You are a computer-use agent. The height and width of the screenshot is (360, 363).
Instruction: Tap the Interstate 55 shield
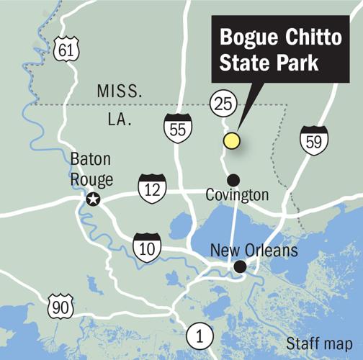coord(176,127)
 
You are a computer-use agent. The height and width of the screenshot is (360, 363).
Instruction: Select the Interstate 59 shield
coord(314,140)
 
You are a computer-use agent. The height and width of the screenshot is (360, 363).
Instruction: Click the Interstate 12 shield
coord(152,187)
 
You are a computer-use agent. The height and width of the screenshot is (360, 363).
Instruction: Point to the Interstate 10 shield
coord(147,246)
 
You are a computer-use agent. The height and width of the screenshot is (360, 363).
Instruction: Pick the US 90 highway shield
coord(61,307)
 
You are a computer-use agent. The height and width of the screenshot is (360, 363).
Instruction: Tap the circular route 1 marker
coord(199,335)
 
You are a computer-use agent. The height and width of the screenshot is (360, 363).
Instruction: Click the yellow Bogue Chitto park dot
coord(230,140)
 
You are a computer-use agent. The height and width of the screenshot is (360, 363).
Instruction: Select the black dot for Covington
coord(232,179)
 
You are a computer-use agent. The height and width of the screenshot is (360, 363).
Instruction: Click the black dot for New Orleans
coord(240,267)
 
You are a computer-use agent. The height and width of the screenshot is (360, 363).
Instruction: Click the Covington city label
coord(237,195)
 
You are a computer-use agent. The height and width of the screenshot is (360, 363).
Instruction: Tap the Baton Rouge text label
coord(89,170)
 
